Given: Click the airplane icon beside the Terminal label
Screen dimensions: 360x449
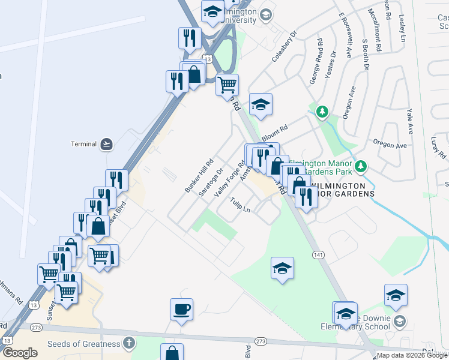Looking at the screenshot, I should coord(107,144).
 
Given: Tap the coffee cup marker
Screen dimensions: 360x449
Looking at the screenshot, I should coord(181,310).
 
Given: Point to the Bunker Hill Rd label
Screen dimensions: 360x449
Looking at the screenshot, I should coord(199,176).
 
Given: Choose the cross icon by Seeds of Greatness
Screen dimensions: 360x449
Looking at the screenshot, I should coord(127,343).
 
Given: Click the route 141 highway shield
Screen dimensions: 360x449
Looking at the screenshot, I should coord(318,255).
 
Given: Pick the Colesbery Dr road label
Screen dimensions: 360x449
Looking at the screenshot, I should coord(285,43).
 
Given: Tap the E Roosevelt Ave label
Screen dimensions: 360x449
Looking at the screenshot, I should coord(344,36).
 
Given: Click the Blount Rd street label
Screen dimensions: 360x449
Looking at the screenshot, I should coord(274,131).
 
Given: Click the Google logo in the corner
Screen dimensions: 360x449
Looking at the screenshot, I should coord(20,353).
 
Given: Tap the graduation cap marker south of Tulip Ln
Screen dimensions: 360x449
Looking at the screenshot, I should coord(282,268).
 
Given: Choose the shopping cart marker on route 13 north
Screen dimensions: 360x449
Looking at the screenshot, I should coord(228,85).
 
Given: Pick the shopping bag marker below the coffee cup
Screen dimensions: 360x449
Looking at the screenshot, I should coord(172,353).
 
